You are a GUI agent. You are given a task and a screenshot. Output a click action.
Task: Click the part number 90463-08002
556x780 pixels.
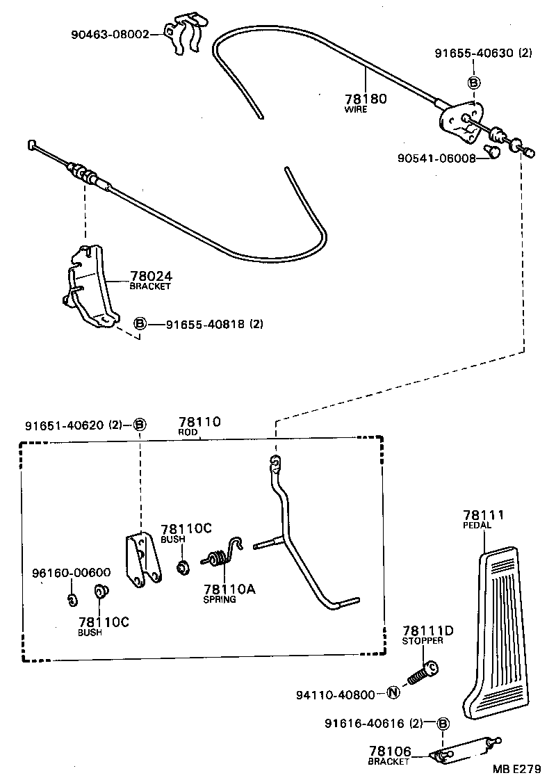109,33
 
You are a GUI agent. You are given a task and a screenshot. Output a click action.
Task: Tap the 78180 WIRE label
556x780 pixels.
366,102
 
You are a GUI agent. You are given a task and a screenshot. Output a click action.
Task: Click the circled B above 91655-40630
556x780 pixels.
474,83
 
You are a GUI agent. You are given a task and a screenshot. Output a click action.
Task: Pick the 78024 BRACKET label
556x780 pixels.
151,279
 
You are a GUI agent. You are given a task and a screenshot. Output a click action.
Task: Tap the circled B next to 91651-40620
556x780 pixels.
139,425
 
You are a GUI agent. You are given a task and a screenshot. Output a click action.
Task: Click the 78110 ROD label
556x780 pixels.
199,425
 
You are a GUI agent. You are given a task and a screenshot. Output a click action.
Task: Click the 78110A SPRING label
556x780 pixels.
229,593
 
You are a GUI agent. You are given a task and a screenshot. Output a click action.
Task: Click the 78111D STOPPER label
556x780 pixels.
427,634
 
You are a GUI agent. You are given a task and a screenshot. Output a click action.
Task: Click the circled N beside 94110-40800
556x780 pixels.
393,693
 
